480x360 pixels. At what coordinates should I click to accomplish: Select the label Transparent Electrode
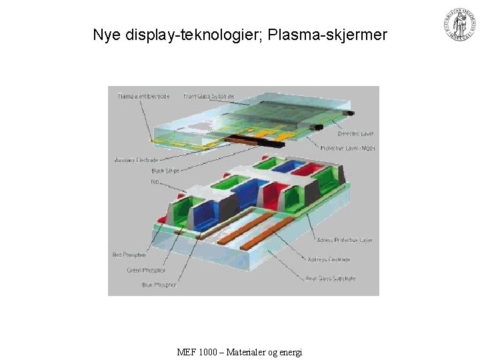(x=143, y=96)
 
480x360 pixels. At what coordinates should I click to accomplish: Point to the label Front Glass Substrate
(x=209, y=96)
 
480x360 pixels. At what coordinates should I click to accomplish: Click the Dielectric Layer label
(x=355, y=134)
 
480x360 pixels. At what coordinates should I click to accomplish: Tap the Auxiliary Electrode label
(x=136, y=160)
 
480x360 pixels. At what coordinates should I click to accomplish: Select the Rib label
(x=155, y=181)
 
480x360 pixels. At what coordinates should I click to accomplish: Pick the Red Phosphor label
(x=130, y=255)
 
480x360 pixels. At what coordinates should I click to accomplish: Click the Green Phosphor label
(x=146, y=270)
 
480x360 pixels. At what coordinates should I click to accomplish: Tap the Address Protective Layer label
(x=345, y=240)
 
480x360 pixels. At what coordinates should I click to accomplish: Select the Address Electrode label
(x=329, y=259)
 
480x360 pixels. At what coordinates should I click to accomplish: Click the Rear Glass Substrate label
(x=331, y=278)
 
